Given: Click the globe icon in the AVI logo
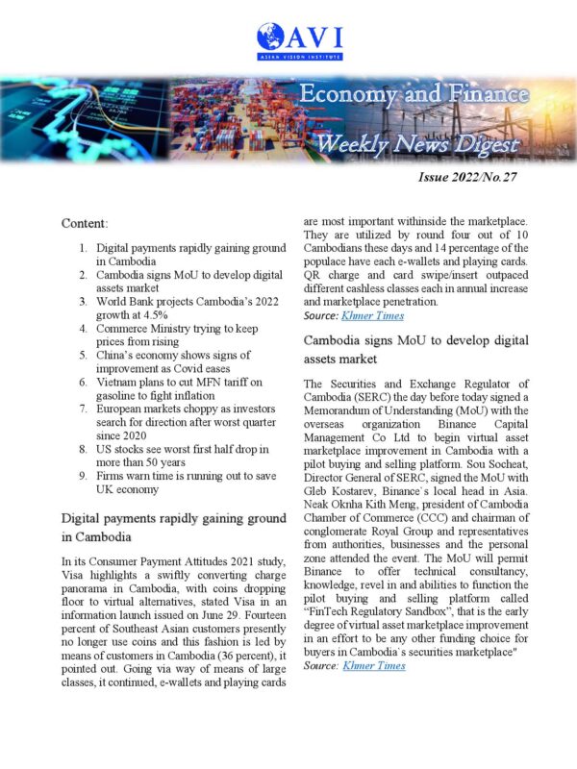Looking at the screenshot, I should [271, 38].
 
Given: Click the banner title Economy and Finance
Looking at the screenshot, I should [414, 94].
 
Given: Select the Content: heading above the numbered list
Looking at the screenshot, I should [85, 223].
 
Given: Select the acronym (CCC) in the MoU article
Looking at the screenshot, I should [460, 529].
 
